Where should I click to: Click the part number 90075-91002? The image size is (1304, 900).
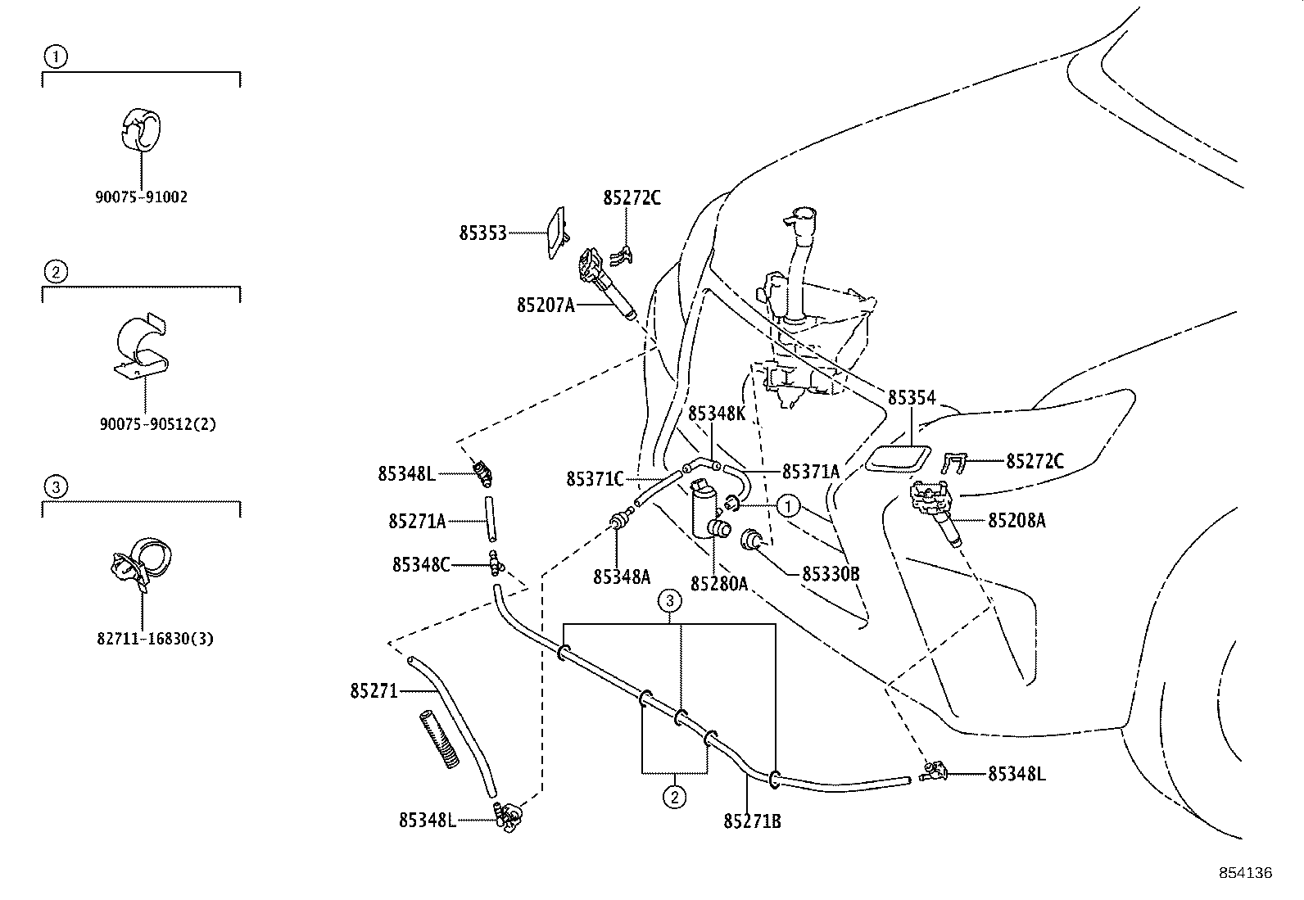(141, 197)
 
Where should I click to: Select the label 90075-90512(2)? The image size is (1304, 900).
(158, 424)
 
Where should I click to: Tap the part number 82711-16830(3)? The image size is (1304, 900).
(155, 639)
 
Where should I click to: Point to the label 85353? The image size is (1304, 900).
(482, 233)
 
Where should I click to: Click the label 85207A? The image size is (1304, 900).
(546, 305)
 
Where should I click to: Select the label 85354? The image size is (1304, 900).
(912, 398)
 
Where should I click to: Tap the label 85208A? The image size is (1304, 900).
(1016, 521)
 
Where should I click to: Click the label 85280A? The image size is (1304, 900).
(718, 584)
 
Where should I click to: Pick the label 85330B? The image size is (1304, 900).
(830, 574)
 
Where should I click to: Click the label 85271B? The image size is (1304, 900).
(752, 821)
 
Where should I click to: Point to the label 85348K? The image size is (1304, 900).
(716, 414)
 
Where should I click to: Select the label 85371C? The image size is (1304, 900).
(595, 479)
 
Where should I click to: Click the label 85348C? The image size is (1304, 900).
(420, 564)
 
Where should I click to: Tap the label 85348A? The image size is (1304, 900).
(622, 577)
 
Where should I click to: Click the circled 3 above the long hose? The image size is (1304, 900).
(670, 601)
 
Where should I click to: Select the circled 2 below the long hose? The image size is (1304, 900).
(673, 796)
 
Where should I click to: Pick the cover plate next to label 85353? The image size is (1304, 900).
(556, 233)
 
